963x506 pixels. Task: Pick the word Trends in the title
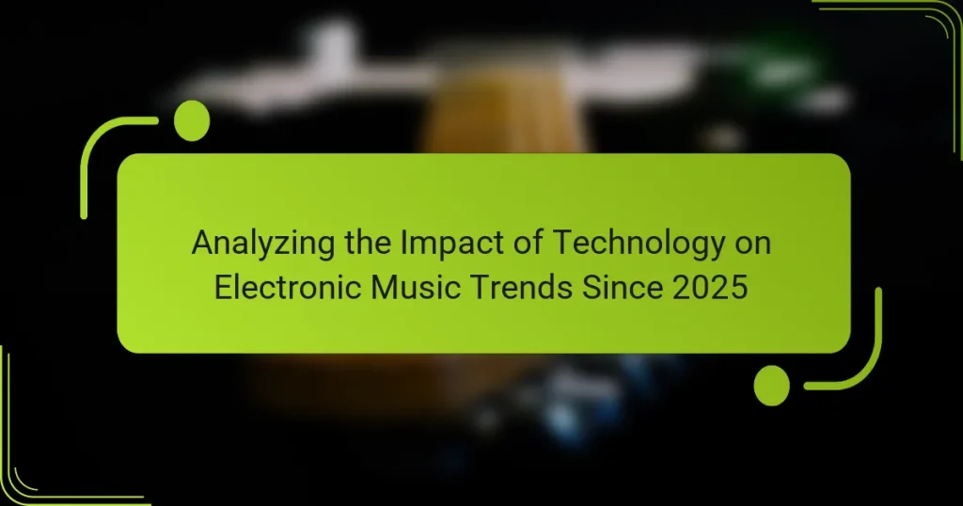(x=507, y=287)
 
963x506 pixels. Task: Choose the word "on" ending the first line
(x=751, y=244)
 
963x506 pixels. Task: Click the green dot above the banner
(x=192, y=120)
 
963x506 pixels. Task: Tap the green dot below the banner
(x=772, y=386)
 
